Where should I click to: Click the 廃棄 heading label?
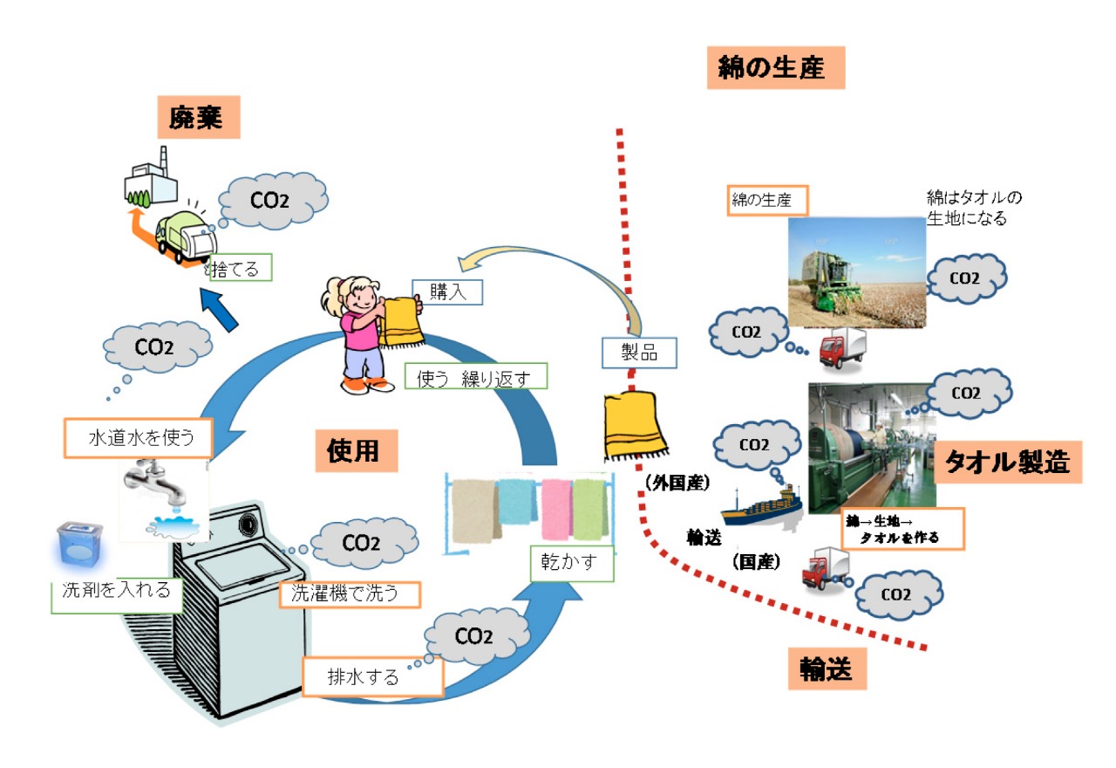point(197,118)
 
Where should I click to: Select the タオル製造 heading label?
point(1012,462)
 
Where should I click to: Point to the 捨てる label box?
point(242,268)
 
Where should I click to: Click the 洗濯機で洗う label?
point(350,594)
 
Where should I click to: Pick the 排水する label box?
point(372,675)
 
